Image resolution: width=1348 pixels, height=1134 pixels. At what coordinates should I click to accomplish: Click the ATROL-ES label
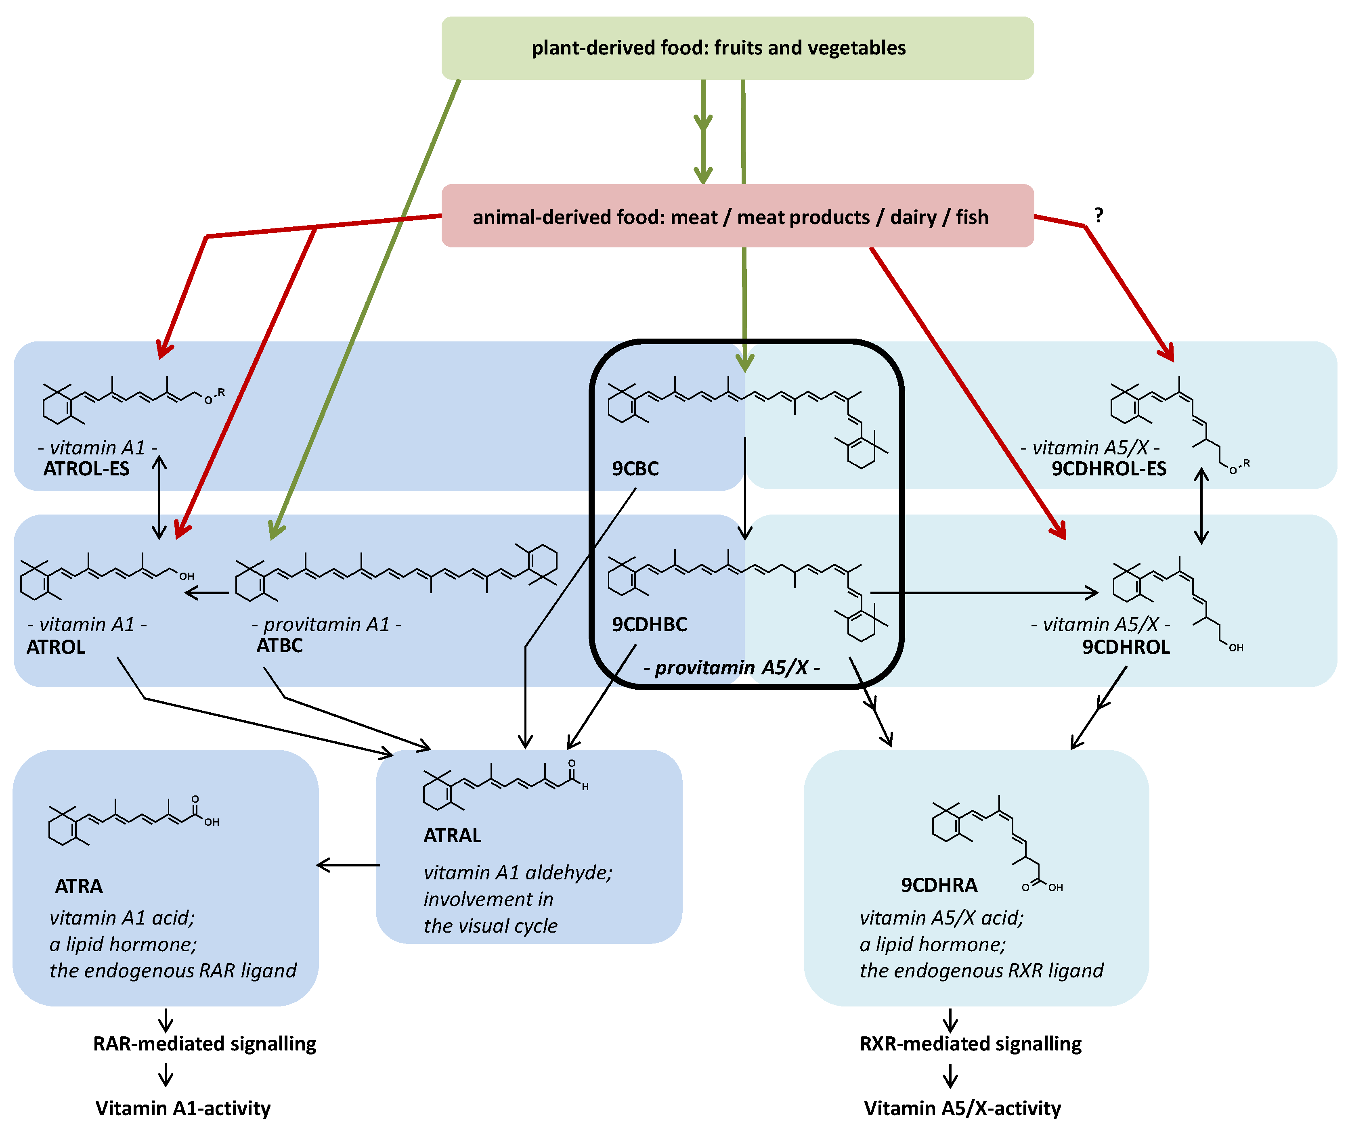tap(86, 469)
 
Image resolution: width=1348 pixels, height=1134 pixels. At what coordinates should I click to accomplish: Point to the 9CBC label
tap(635, 469)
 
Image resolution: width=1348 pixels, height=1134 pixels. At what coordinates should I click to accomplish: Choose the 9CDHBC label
tap(649, 624)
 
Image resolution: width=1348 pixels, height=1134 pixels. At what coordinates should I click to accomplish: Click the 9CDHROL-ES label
tap(1108, 469)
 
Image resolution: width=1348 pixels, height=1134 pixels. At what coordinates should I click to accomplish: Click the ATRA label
tap(78, 887)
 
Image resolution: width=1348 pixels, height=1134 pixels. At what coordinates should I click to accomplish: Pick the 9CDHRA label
tap(938, 885)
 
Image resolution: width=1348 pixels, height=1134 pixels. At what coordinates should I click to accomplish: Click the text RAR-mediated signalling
tap(205, 1043)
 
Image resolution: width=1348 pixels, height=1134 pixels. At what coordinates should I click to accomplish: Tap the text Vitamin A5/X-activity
tap(962, 1108)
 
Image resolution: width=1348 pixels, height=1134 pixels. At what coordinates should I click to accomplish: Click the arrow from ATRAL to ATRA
tap(348, 865)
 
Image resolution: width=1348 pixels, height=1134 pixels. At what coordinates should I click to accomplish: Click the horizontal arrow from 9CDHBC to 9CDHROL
tap(984, 593)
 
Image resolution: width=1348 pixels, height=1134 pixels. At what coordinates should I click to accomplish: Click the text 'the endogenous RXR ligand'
tap(981, 970)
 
